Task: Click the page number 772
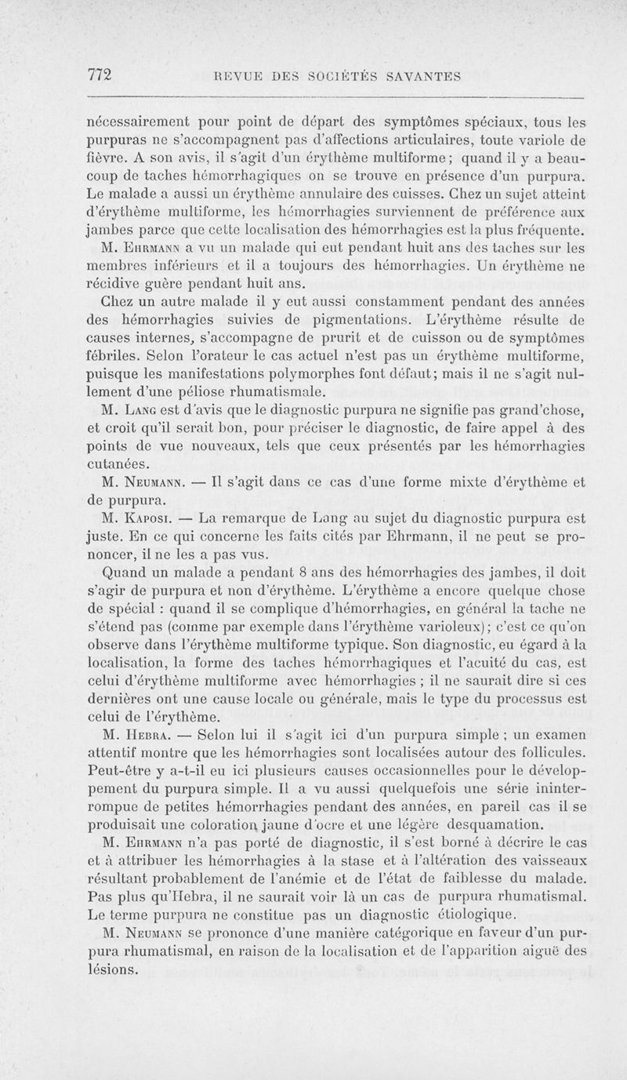[x=100, y=75]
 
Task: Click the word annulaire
[x=340, y=195]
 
